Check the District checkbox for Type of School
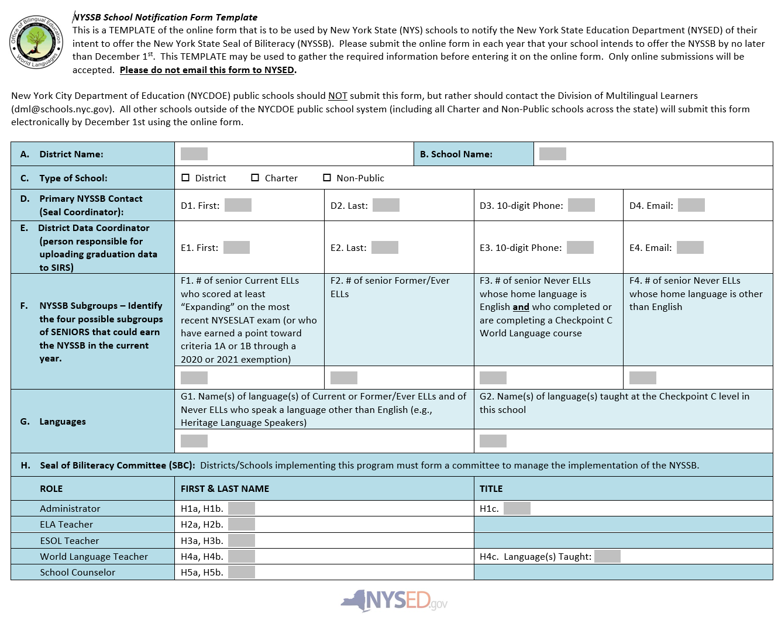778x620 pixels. [x=185, y=178]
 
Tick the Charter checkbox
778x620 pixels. [x=255, y=178]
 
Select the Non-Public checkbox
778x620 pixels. [x=327, y=178]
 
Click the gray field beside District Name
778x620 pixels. [x=194, y=154]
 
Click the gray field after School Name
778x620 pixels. [x=552, y=154]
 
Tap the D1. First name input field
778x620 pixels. [x=238, y=205]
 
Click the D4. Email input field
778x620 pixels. [x=691, y=205]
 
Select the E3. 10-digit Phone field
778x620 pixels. [x=580, y=247]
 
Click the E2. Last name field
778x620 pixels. [x=385, y=247]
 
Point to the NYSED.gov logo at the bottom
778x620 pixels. [x=394, y=601]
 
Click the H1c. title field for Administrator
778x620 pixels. [x=517, y=508]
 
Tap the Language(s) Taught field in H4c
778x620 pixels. [x=607, y=556]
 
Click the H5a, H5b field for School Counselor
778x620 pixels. [x=242, y=572]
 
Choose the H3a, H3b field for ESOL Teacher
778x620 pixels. [x=242, y=540]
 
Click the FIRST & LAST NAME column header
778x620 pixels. [x=225, y=489]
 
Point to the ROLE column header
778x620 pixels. [x=51, y=489]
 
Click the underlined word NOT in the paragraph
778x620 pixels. [x=338, y=96]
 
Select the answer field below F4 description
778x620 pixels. [x=642, y=378]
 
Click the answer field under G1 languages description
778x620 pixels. [x=194, y=441]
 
